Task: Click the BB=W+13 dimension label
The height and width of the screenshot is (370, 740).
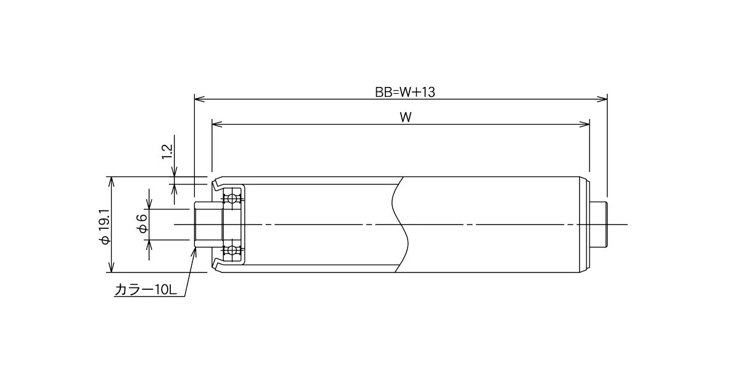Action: (405, 92)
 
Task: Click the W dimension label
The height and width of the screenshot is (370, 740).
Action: (406, 117)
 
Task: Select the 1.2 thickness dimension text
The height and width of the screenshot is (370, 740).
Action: (168, 152)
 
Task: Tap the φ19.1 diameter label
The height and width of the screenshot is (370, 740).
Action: (105, 227)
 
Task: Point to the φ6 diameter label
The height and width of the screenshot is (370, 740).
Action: (142, 223)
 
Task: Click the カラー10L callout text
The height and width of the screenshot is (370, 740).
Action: (146, 290)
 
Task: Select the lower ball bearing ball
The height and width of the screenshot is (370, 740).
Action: (232, 250)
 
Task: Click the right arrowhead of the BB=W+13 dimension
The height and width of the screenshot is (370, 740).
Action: (602, 99)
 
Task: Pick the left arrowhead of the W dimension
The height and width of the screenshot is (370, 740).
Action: (216, 124)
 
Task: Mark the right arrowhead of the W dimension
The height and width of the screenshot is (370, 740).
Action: (585, 124)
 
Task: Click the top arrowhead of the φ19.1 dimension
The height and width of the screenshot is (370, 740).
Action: (112, 182)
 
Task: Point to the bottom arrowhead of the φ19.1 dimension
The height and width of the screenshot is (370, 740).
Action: (112, 267)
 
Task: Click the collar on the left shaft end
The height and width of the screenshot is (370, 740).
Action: (208, 224)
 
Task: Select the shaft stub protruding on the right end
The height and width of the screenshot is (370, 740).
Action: (598, 224)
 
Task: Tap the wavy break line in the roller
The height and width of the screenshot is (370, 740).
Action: (400, 224)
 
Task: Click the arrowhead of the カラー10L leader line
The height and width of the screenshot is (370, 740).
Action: (195, 252)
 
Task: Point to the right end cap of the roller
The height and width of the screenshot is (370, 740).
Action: (585, 224)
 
